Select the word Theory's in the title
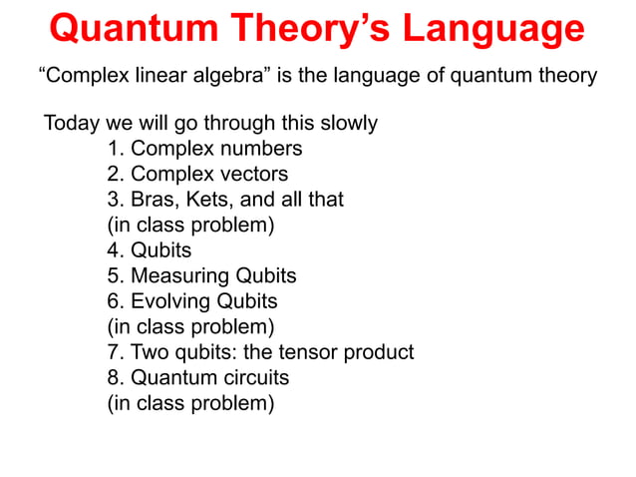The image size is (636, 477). pos(305,29)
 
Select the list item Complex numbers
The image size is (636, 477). pos(205,149)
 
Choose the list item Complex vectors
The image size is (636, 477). pos(197,175)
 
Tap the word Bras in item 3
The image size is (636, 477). pos(155,200)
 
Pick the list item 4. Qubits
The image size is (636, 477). pos(150,250)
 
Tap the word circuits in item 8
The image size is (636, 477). pos(253,378)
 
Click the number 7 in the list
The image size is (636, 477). pos(113,352)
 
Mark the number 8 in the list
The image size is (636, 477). pos(113,378)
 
